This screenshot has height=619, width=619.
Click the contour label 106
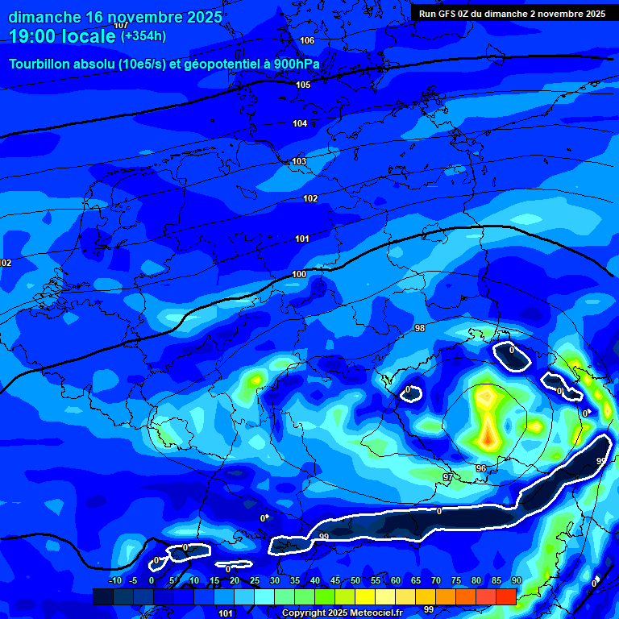[307, 40]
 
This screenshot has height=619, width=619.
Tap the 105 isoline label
[303, 85]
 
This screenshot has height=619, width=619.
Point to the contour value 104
[300, 123]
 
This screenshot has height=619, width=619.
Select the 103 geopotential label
[299, 161]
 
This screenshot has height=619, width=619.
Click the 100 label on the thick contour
[299, 274]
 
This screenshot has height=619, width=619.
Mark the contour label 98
[419, 328]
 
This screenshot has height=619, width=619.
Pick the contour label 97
[448, 478]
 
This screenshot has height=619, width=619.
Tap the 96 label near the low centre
[480, 468]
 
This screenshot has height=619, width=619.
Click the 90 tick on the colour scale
[516, 580]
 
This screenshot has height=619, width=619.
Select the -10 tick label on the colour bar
[114, 580]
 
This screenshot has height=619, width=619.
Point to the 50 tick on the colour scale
[355, 580]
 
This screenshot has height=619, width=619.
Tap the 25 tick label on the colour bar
[254, 580]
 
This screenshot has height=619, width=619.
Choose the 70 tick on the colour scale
[435, 580]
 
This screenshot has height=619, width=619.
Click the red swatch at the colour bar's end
[506, 596]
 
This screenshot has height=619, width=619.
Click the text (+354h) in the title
[144, 36]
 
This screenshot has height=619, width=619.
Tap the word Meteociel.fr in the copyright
[380, 613]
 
